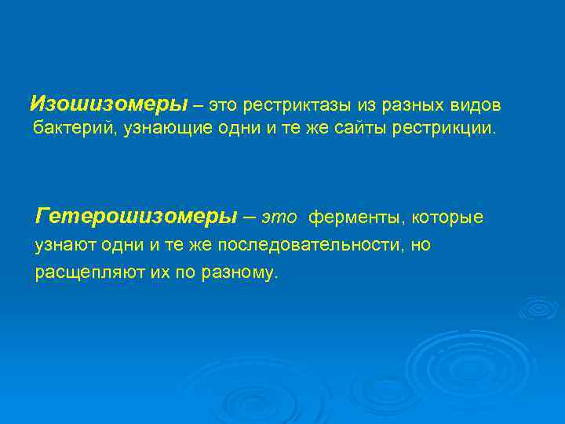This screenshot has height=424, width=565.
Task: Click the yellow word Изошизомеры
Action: point(108,104)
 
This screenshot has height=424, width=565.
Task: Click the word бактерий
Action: point(75,128)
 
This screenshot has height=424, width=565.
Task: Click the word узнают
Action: point(62,246)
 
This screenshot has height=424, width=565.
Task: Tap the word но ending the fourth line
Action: point(421,246)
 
